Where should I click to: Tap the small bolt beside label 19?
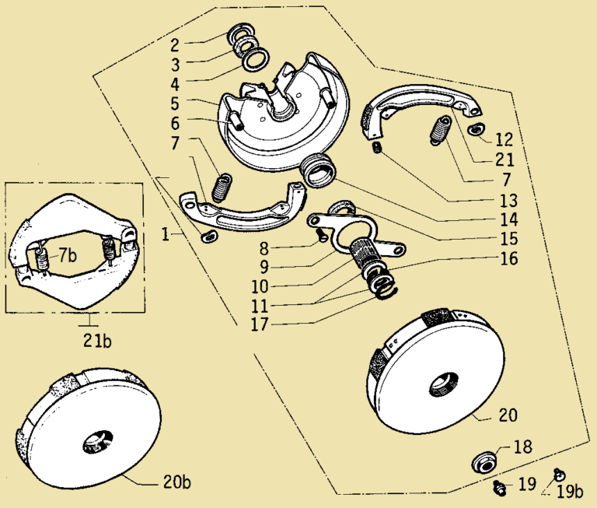pos(501,489)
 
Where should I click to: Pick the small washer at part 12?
pos(476,129)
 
